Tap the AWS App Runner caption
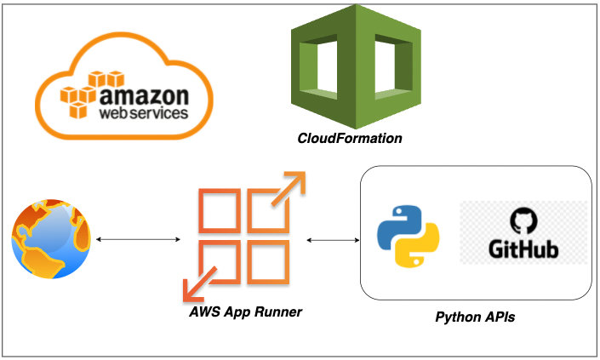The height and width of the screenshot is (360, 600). click(245, 312)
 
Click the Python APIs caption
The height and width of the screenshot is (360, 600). click(475, 317)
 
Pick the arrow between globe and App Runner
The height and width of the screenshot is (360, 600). click(136, 240)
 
